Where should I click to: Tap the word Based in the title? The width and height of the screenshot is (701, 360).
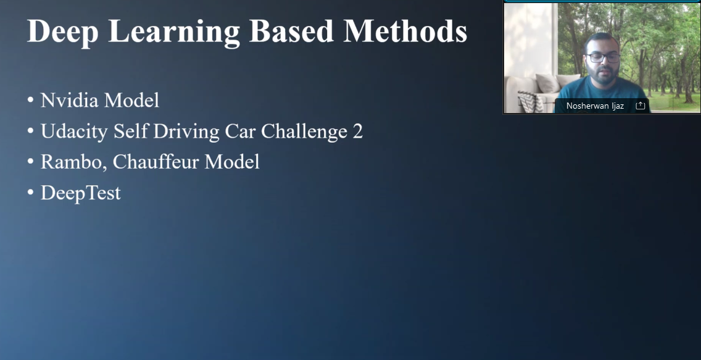tap(291, 31)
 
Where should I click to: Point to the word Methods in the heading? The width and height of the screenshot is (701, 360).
tap(405, 31)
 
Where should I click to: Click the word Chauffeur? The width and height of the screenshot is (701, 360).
tap(156, 162)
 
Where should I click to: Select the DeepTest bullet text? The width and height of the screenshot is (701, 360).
tap(80, 193)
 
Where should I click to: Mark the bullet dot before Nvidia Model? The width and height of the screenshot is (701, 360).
tap(30, 100)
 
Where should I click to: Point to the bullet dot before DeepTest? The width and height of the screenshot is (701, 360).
tap(30, 192)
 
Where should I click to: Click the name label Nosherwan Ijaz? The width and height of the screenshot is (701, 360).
tap(595, 106)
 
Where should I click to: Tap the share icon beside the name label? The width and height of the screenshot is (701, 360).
tap(640, 106)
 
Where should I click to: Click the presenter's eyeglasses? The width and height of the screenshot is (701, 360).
tap(603, 57)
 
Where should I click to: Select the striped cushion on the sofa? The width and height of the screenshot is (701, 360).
tap(531, 101)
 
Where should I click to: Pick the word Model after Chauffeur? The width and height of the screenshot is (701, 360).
tap(231, 162)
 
